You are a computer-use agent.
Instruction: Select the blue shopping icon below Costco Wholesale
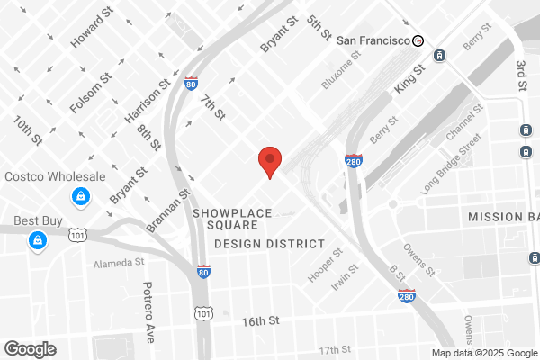81,195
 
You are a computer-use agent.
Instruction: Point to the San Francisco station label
373,40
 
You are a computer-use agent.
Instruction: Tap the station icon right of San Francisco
418,40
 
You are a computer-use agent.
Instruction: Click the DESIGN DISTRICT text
269,244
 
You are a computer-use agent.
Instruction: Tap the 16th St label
261,320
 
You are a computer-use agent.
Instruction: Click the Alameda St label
120,263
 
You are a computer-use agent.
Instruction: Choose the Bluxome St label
341,69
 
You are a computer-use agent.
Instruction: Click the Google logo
30,348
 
